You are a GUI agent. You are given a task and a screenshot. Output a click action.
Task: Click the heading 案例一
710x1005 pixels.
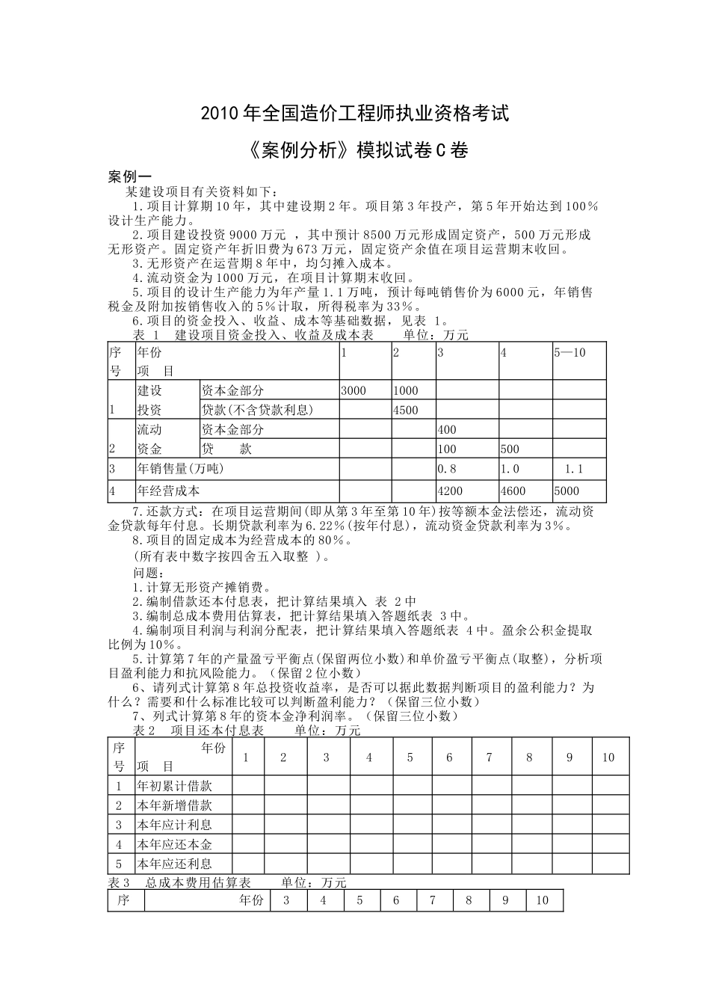[130, 177]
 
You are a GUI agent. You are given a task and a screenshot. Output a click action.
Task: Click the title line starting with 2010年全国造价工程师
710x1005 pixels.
[354, 114]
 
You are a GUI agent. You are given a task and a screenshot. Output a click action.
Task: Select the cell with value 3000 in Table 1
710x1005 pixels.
[354, 390]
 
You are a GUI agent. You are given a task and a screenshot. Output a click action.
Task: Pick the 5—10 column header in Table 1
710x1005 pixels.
[569, 352]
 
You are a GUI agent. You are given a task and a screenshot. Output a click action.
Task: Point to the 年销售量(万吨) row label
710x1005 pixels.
[180, 469]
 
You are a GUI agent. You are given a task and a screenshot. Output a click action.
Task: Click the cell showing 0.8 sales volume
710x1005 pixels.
[447, 469]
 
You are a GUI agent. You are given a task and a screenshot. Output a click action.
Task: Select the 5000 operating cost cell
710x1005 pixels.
[566, 491]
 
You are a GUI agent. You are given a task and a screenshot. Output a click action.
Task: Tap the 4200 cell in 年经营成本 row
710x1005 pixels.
[450, 491]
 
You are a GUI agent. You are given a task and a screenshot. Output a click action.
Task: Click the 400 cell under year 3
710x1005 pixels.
[447, 430]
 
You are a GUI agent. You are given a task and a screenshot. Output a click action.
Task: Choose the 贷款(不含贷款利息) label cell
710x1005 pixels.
[257, 410]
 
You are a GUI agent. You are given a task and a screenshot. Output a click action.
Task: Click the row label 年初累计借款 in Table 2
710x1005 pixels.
[174, 786]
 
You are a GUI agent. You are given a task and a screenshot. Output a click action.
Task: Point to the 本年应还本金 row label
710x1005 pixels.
[174, 844]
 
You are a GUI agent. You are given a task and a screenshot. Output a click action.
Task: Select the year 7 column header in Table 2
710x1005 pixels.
[489, 757]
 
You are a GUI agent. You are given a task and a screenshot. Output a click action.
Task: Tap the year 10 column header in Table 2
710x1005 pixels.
[608, 757]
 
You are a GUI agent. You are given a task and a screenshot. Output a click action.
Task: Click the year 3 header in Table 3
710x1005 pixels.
[286, 900]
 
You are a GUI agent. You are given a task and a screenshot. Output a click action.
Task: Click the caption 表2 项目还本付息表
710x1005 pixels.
[198, 731]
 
